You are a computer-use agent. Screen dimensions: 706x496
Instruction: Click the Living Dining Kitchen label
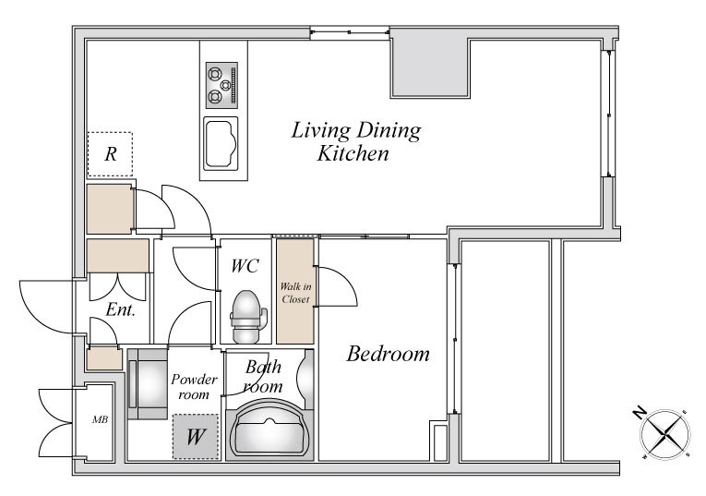pyautogui.click(x=355, y=141)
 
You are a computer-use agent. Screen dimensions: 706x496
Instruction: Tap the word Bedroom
pyautogui.click(x=389, y=354)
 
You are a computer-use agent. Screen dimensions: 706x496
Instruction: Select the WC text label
pyautogui.click(x=245, y=266)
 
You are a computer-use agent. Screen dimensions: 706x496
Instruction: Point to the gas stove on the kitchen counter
pyautogui.click(x=222, y=85)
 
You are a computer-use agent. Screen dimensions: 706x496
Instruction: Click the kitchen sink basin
pyautogui.click(x=221, y=144)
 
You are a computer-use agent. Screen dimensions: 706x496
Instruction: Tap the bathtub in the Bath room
pyautogui.click(x=269, y=430)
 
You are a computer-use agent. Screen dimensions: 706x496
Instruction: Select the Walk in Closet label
pyautogui.click(x=295, y=293)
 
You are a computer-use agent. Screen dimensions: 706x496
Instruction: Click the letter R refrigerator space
pyautogui.click(x=111, y=154)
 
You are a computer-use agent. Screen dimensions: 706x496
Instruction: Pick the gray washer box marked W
pyautogui.click(x=196, y=437)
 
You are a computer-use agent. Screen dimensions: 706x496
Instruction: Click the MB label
pyautogui.click(x=100, y=419)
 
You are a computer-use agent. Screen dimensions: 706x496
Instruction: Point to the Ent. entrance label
pyautogui.click(x=120, y=309)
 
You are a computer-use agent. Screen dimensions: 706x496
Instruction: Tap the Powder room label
pyautogui.click(x=194, y=386)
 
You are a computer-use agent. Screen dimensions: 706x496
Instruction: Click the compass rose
pyautogui.click(x=665, y=434)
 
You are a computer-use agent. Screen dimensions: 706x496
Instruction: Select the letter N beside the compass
pyautogui.click(x=639, y=412)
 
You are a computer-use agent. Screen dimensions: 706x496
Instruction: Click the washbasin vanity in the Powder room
pyautogui.click(x=148, y=384)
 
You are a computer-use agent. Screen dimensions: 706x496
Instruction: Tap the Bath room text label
pyautogui.click(x=263, y=377)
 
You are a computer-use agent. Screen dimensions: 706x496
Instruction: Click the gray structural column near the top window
pyautogui.click(x=430, y=67)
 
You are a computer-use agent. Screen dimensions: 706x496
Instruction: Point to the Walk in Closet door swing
pyautogui.click(x=337, y=286)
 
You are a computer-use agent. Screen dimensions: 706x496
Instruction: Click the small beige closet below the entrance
pyautogui.click(x=104, y=359)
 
